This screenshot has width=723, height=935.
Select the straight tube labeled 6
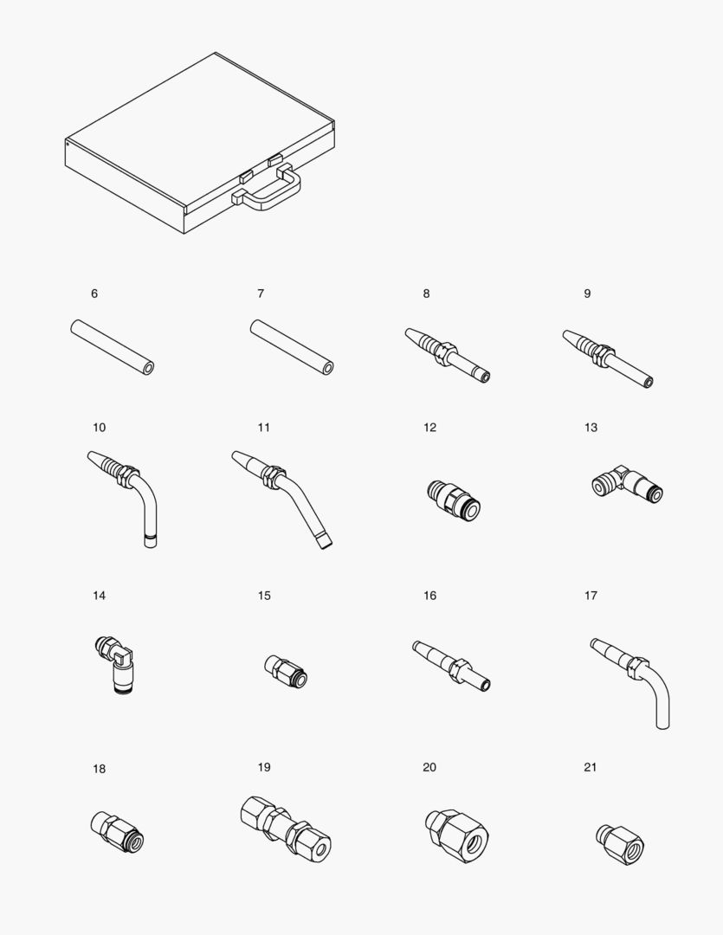(x=112, y=347)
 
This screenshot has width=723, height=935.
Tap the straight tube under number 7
(x=292, y=347)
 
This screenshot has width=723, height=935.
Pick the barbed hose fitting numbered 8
(x=447, y=355)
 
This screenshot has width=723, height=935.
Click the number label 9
(x=587, y=293)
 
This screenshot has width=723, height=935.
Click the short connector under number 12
(x=454, y=501)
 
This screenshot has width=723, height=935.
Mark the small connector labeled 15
(x=284, y=672)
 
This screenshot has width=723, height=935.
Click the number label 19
(x=264, y=767)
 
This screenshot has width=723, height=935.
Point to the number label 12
(x=430, y=428)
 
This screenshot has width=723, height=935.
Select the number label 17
(x=591, y=596)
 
